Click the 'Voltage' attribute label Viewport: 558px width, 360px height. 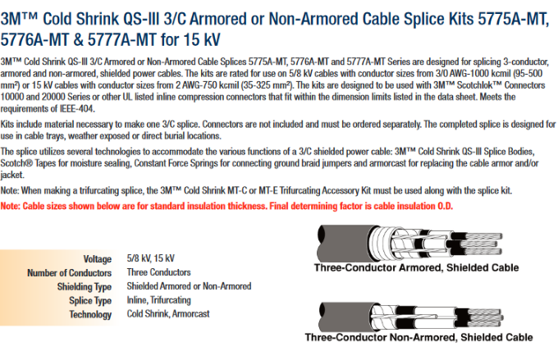(x=97, y=259)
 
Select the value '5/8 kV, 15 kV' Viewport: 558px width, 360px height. (x=150, y=258)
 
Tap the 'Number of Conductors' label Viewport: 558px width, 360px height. (x=70, y=273)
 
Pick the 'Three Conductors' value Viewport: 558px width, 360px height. (x=158, y=272)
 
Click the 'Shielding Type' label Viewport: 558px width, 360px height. (x=85, y=287)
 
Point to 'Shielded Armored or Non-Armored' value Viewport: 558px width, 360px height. (x=189, y=286)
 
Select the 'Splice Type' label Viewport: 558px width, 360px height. (x=90, y=301)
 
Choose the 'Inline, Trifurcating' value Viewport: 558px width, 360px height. (x=158, y=300)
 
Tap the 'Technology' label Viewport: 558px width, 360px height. (x=90, y=314)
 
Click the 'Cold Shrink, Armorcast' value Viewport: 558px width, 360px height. (x=168, y=314)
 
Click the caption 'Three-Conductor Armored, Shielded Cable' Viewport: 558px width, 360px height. (x=416, y=267)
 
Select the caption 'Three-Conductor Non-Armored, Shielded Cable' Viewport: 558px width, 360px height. (x=418, y=337)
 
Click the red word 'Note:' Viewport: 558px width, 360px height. (x=11, y=206)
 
